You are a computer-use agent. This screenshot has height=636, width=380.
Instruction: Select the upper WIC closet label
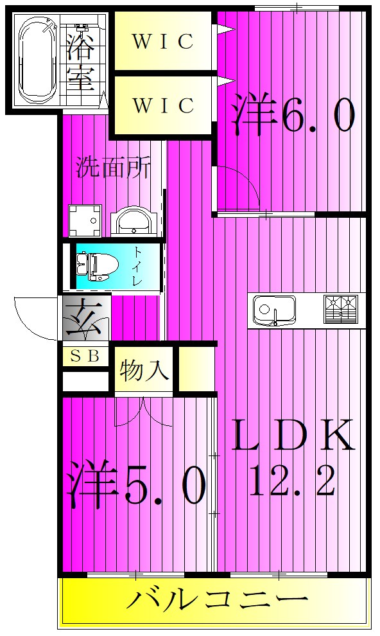point(162,42)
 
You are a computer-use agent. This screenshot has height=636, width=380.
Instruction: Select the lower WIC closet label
point(162,105)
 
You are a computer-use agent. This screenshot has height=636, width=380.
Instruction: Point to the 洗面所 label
point(114,168)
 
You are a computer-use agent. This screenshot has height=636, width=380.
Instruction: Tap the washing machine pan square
point(85,221)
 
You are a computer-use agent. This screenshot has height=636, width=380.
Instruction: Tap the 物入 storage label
point(144,371)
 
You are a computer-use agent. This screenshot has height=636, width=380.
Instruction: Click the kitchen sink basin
point(273,310)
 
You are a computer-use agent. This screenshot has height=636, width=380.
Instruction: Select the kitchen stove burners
point(340,308)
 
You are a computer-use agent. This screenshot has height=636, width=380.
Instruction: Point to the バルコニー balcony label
point(216,602)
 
